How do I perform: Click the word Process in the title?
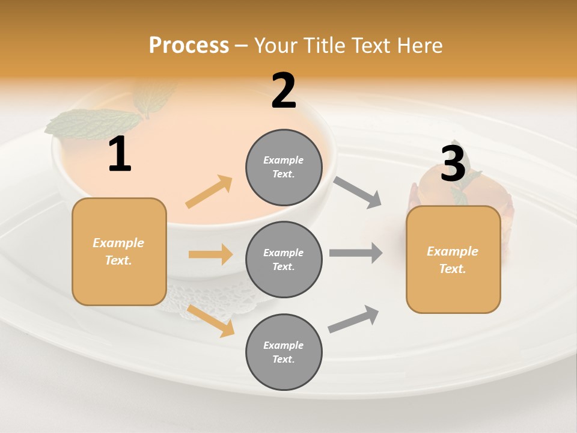click(x=189, y=45)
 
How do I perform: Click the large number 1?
click(x=120, y=155)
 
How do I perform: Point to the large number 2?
click(x=284, y=91)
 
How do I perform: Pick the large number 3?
click(x=453, y=164)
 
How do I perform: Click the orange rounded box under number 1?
click(x=119, y=251)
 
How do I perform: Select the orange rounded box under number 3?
click(x=453, y=260)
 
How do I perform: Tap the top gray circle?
click(x=284, y=167)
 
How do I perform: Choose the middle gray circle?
click(x=284, y=260)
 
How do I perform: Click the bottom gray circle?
click(x=284, y=352)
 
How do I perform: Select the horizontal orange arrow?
click(x=210, y=254)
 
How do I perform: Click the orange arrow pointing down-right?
click(x=211, y=321)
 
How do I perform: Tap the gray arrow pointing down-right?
click(x=358, y=192)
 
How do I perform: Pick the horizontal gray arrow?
click(x=355, y=253)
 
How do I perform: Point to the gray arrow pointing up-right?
click(x=353, y=319)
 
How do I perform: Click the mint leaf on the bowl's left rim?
click(x=90, y=124)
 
